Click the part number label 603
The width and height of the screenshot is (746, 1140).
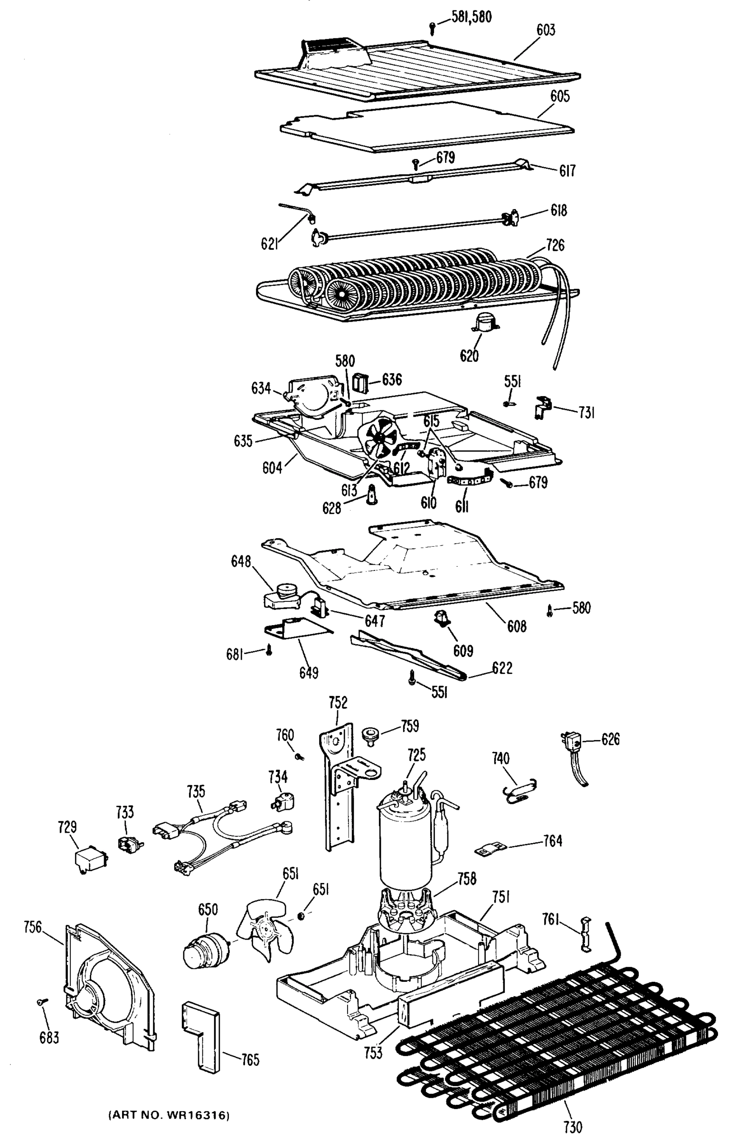546,30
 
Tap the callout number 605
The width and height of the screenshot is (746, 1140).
559,96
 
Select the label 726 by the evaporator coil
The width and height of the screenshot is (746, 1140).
555,245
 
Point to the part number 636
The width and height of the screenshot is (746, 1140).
392,380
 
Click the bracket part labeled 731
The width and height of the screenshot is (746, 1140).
542,408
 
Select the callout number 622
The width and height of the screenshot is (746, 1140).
502,668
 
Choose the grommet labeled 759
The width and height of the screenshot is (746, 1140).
369,734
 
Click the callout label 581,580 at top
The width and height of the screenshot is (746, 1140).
471,17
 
